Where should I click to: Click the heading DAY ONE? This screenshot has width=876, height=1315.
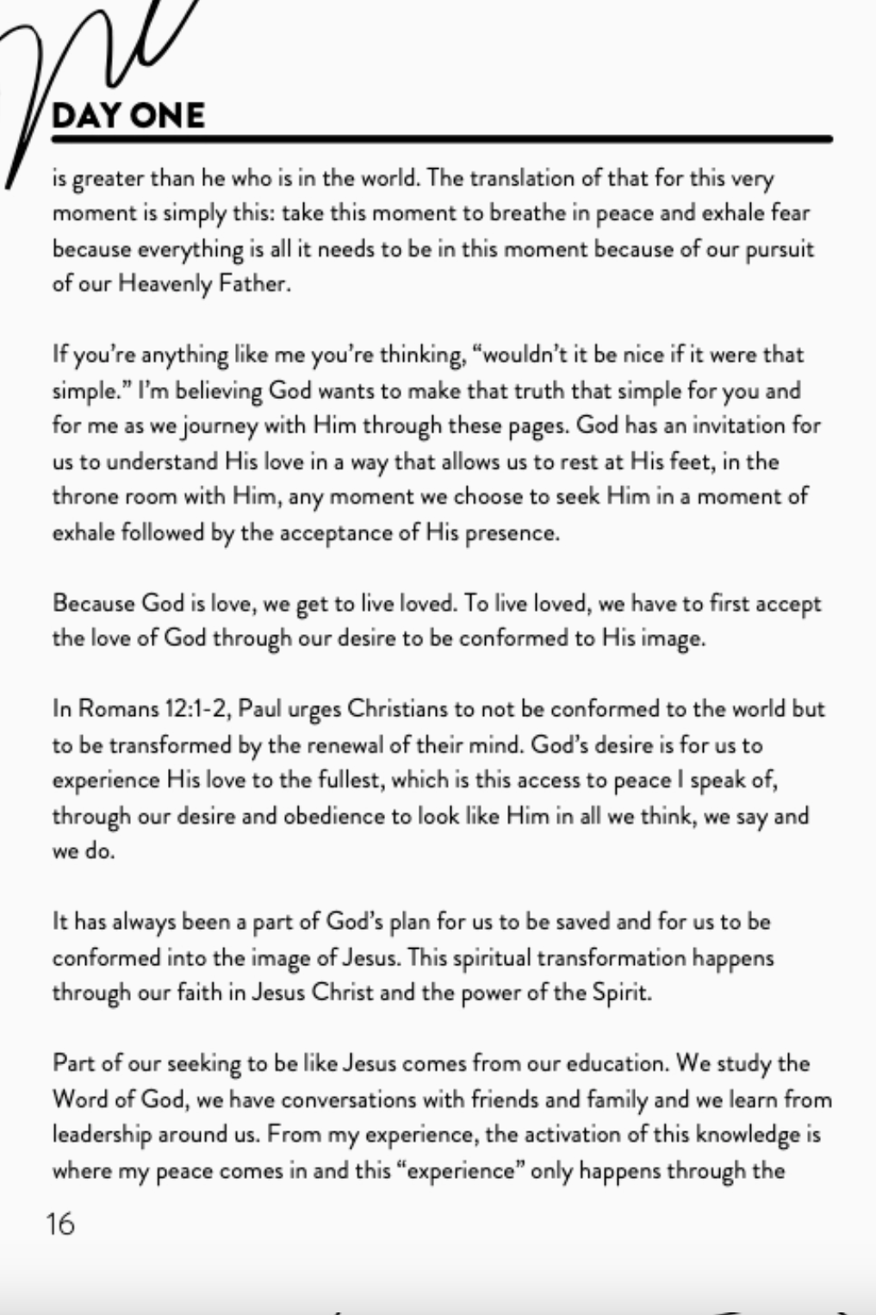[128, 115]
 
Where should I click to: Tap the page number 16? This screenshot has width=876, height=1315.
[61, 1224]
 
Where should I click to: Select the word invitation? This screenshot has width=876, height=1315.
[731, 426]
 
